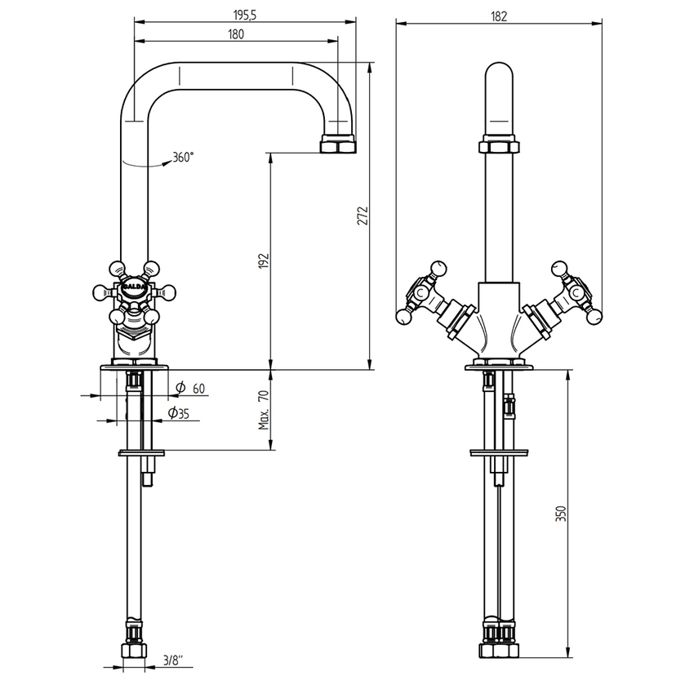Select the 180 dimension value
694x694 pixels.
[236, 33]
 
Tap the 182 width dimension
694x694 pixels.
[500, 14]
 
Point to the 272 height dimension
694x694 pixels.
[365, 215]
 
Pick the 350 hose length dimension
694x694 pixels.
[560, 514]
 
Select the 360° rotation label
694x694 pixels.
[183, 158]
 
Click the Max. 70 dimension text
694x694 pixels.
[264, 410]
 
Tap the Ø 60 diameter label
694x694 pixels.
[192, 387]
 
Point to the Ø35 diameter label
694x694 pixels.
[179, 414]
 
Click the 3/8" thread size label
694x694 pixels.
[173, 659]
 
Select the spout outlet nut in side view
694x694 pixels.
[340, 145]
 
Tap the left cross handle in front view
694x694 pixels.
[420, 291]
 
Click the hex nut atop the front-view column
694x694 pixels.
[499, 147]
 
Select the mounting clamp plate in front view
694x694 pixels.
[499, 452]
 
